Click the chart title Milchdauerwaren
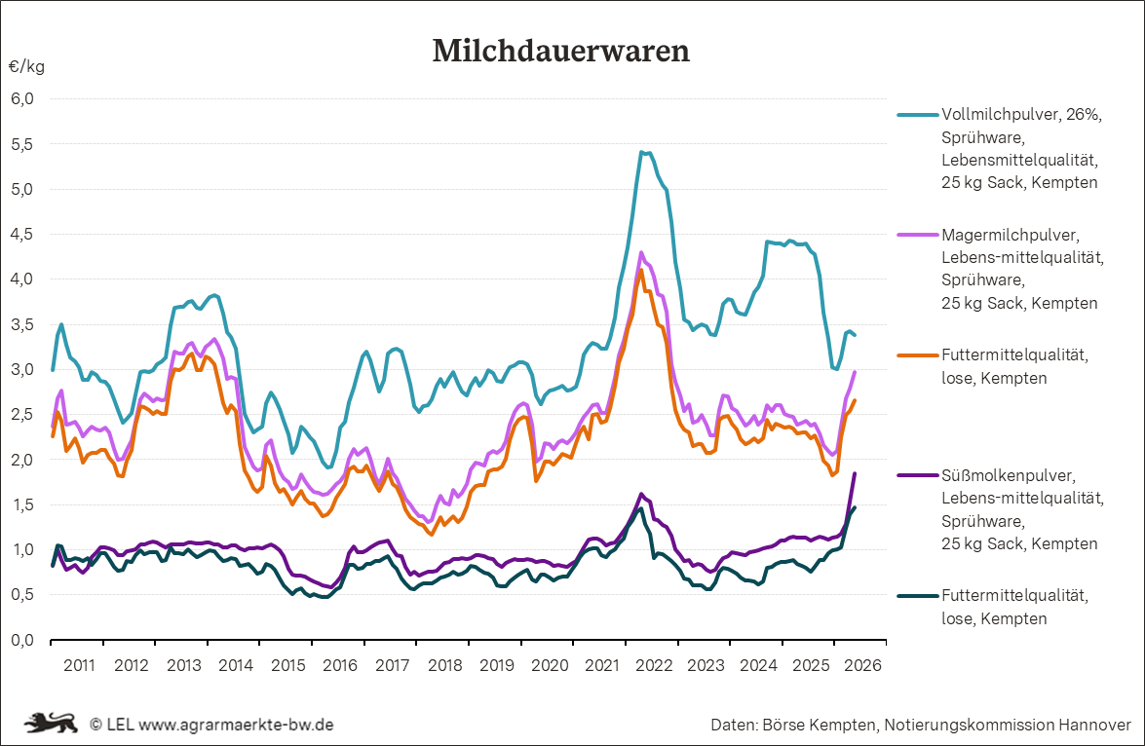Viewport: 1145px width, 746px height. [561, 51]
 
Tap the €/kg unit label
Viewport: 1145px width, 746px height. [27, 67]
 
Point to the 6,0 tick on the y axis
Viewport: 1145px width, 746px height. [21, 98]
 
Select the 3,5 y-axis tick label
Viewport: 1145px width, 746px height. [21, 324]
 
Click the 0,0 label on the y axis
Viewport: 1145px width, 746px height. [21, 640]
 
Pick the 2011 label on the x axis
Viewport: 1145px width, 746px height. [79, 665]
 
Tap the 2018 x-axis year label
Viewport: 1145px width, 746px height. [444, 665]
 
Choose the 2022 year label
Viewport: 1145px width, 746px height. [654, 665]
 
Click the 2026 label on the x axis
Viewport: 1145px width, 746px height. [863, 665]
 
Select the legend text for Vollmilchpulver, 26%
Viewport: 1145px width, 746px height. [1021, 115]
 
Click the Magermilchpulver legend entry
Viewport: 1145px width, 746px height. [1010, 235]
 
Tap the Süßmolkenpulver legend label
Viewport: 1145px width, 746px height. [1008, 476]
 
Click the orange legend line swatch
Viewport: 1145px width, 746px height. [918, 355]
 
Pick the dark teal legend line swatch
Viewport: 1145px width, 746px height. [918, 596]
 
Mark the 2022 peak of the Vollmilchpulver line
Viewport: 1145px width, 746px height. [640, 152]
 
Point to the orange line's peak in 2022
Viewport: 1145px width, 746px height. [640, 270]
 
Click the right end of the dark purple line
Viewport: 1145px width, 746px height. [856, 473]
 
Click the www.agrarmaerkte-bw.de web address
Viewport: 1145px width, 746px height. [236, 725]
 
